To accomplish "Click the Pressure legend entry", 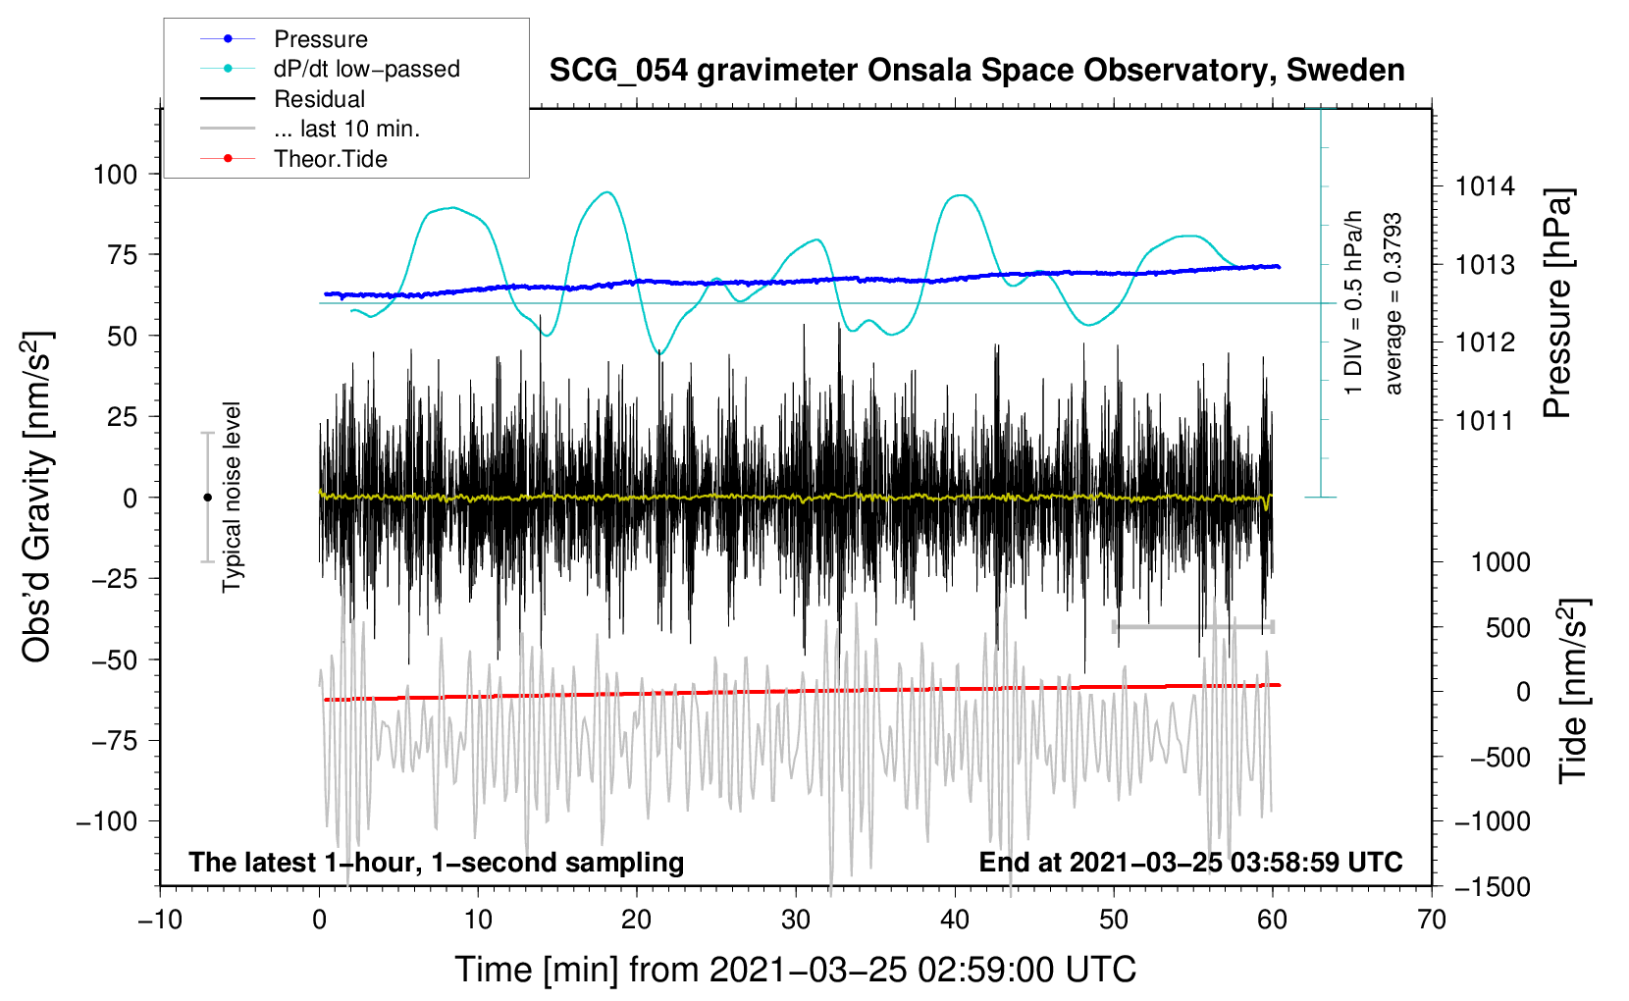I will tap(320, 39).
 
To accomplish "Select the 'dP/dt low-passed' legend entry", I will tap(366, 69).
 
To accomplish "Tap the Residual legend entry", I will tap(319, 99).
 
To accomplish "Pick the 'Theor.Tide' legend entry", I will tap(330, 159).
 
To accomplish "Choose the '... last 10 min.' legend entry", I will tap(346, 129).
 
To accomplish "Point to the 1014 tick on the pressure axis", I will tap(1485, 186).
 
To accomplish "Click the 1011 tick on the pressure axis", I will tap(1485, 421).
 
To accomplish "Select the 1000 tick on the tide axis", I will tap(1500, 562).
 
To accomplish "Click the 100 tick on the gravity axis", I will tap(115, 175).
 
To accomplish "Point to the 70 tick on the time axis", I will tap(1432, 920).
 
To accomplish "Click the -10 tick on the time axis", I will tap(160, 920).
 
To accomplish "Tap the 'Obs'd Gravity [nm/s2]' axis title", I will tap(37, 497).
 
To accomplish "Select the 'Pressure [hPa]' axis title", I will tap(1557, 304).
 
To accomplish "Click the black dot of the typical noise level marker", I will tap(207, 498).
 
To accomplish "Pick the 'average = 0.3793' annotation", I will tap(1393, 304).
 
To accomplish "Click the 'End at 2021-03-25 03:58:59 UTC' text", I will tap(1190, 862).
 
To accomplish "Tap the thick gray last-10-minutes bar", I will tap(1192, 626).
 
